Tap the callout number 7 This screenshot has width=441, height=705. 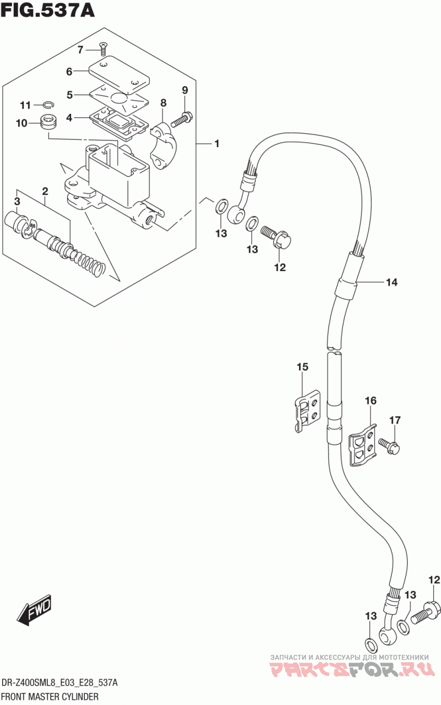80,50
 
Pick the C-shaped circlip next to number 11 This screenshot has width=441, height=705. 50,105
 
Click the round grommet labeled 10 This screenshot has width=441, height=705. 49,121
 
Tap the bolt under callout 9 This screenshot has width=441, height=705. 182,120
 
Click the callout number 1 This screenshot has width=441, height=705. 217,144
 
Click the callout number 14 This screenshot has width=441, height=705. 391,282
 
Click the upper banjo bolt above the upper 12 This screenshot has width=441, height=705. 276,236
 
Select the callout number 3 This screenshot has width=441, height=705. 17,201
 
